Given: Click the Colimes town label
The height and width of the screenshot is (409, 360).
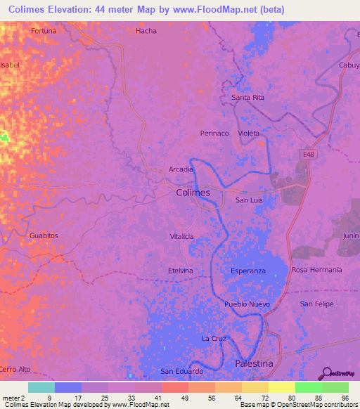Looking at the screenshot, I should pos(192,193).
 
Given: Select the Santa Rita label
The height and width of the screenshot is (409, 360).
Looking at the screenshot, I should pos(248,97).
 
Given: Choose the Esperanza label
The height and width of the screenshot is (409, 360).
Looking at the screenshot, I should pos(248,271).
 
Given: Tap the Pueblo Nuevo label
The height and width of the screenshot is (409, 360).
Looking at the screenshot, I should pos(247,304).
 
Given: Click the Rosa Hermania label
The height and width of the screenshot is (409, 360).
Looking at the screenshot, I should pos(316,270).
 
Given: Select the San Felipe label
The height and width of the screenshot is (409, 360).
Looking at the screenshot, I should pos(316,304).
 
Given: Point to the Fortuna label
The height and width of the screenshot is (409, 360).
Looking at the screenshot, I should pos(44,31).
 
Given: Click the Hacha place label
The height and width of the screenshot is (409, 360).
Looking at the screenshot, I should pos(146,31).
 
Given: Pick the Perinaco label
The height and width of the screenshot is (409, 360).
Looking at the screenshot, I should pos(214,133).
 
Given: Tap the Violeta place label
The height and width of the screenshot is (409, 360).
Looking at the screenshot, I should pos(248,133).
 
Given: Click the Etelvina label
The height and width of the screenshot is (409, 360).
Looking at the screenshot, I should pos(180,271).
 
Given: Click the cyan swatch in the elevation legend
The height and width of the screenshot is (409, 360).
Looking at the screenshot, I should pos(41,387).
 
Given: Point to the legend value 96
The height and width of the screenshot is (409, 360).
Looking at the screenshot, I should pos(344,398).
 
